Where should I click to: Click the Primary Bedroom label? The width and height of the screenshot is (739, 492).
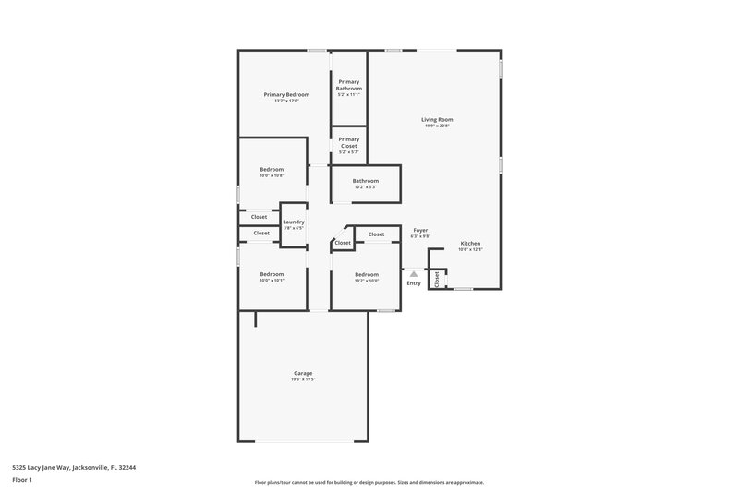coord(285,94)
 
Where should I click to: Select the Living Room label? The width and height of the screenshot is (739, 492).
coord(437,119)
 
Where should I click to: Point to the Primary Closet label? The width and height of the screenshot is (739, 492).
coord(348,142)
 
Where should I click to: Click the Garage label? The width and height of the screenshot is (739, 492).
coord(303,372)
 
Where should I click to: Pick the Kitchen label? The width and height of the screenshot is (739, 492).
coord(470,244)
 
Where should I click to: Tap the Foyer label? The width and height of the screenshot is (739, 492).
coord(420,230)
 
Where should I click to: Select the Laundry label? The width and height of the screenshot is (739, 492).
coord(294,222)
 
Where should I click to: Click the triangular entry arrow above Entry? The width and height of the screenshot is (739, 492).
coord(414,273)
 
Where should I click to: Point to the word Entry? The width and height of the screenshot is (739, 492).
coord(414,282)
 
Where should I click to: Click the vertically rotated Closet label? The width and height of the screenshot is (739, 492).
coord(437,278)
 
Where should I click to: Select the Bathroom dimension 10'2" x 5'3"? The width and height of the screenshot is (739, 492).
coord(366,187)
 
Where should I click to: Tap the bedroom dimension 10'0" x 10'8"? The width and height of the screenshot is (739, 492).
coord(272,175)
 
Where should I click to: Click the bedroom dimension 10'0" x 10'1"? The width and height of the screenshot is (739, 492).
coord(272,281)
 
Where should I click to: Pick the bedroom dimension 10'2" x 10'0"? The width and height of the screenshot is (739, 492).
coord(367,281)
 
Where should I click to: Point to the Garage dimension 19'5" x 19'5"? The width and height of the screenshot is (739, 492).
coord(303,378)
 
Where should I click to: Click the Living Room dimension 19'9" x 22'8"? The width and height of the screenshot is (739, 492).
coord(437,126)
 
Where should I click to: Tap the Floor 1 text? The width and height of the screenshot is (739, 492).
coord(23,480)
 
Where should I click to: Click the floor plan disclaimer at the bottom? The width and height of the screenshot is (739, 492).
coord(369,482)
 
